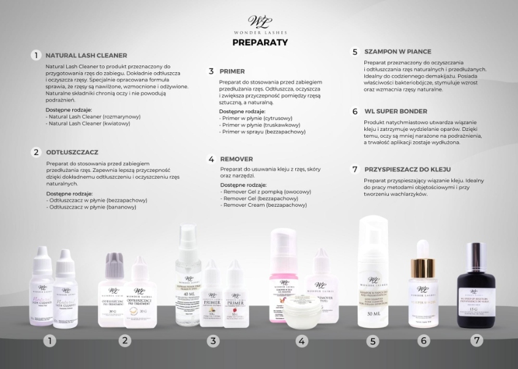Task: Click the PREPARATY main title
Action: pyautogui.click(x=260, y=42)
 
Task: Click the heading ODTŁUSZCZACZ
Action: pyautogui.click(x=72, y=152)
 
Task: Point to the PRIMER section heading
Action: pyautogui.click(x=232, y=71)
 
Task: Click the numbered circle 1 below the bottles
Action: pyautogui.click(x=51, y=340)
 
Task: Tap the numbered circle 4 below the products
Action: pyautogui.click(x=301, y=341)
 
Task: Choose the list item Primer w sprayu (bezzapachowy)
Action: pyautogui.click(x=263, y=132)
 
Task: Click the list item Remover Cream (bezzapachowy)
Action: pyautogui.click(x=264, y=205)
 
